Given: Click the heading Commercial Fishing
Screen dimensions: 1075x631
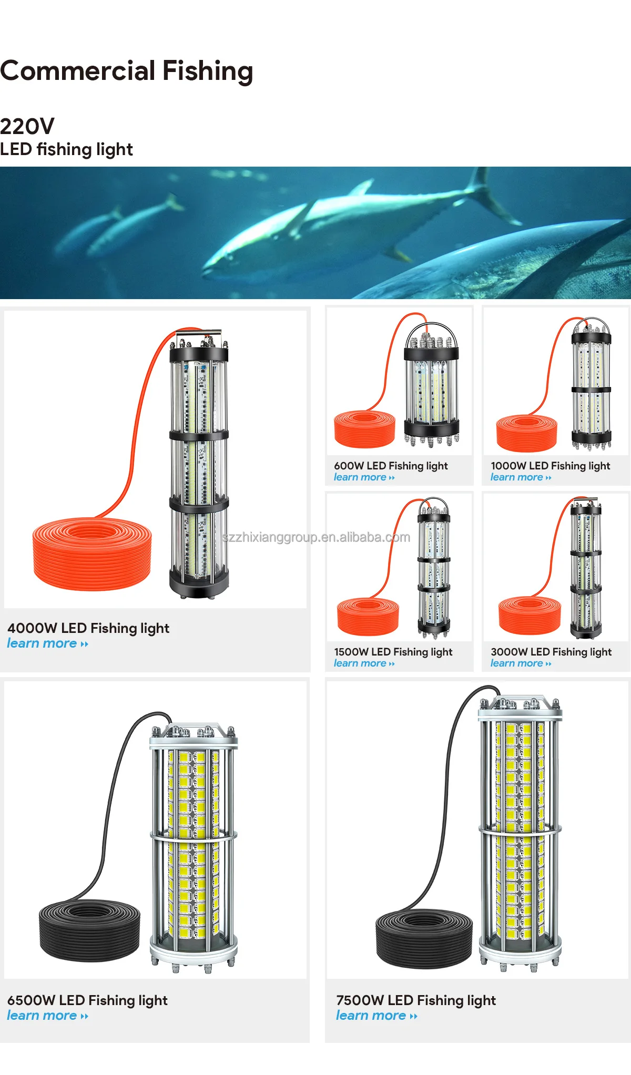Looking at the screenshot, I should click(x=127, y=71).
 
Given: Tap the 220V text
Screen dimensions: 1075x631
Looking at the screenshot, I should click(x=27, y=126).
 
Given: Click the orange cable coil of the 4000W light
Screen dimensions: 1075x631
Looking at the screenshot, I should click(x=92, y=555).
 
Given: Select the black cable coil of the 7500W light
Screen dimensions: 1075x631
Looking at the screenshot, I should click(x=424, y=938).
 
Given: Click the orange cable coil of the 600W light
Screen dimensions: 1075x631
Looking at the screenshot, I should click(x=364, y=429).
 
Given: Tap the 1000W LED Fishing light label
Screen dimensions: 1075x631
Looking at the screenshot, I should click(x=550, y=466).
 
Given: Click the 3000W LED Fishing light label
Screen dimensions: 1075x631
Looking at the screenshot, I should click(x=551, y=652).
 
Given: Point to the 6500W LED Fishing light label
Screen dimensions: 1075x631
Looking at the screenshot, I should click(x=87, y=1000).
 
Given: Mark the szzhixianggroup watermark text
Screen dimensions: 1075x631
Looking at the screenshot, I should click(x=316, y=537).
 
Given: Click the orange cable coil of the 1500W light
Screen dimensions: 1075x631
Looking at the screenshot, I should click(x=368, y=616).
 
